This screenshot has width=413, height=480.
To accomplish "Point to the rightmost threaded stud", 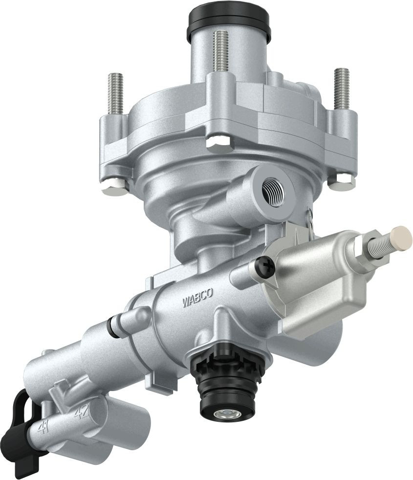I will [342, 88].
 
